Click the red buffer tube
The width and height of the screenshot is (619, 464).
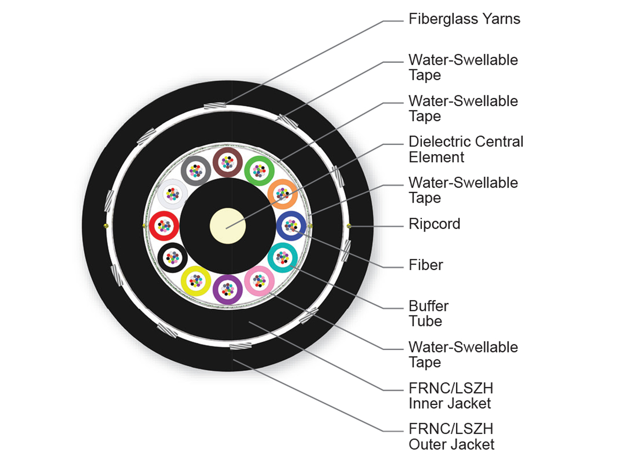pyautogui.click(x=164, y=226)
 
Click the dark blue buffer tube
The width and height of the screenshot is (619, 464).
pyautogui.click(x=291, y=226)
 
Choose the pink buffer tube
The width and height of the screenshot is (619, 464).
pyautogui.click(x=259, y=280)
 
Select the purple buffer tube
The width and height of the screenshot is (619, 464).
pyautogui.click(x=228, y=288)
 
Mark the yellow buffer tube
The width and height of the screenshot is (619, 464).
pyautogui.click(x=196, y=280)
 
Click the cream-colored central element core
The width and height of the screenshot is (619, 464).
pyautogui.click(x=228, y=226)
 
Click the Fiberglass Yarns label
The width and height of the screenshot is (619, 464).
pyautogui.click(x=464, y=19)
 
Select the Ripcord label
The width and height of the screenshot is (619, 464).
pyautogui.click(x=434, y=224)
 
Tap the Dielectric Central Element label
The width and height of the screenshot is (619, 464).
pyautogui.click(x=466, y=149)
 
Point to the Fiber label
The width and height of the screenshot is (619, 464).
pyautogui.click(x=426, y=265)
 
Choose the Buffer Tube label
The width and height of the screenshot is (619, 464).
pyautogui.click(x=428, y=313)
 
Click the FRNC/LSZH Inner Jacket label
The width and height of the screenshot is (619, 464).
pyautogui.click(x=450, y=395)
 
